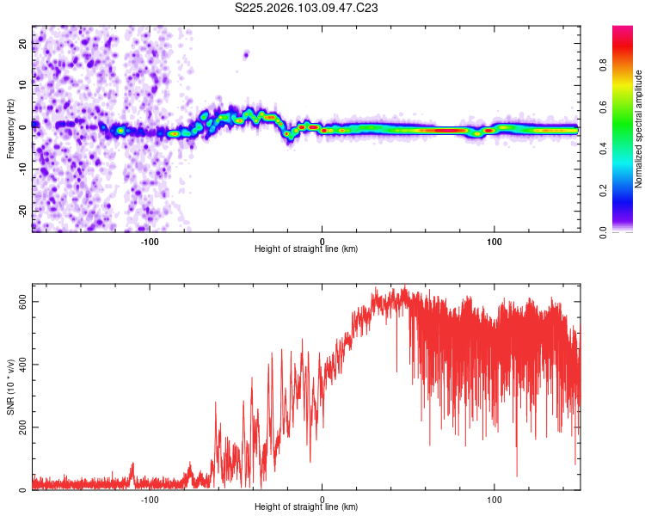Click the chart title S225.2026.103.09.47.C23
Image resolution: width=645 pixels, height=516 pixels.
point(307,8)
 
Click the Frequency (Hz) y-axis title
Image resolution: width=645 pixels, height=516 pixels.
point(10,129)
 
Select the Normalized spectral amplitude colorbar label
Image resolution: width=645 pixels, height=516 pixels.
point(639,129)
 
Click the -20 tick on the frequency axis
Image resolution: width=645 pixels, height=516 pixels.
point(24,211)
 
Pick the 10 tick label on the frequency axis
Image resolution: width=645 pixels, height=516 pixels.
point(24,85)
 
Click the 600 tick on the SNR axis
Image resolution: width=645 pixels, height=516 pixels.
point(24,302)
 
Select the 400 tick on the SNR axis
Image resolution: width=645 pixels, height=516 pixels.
point(24,365)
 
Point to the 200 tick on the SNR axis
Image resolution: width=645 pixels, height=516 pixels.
point(24,427)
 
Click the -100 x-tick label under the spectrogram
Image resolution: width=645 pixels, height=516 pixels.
point(150,241)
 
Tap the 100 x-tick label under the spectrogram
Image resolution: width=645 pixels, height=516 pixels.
point(494,241)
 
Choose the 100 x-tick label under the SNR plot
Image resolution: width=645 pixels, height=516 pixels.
point(494,500)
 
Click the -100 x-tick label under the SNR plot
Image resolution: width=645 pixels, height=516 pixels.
point(150,500)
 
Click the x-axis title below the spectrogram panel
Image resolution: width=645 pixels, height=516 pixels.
point(306,249)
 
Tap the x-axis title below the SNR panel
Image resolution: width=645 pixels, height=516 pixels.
point(306,508)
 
